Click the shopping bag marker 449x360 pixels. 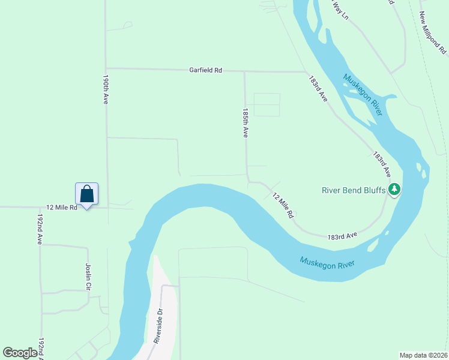(x=86, y=194)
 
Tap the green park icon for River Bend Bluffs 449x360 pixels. (x=394, y=190)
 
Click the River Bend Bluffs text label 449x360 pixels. (x=354, y=190)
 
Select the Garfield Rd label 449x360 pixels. (x=206, y=70)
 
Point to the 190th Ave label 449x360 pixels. (x=106, y=90)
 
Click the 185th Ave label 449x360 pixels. (x=245, y=123)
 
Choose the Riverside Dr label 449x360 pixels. (x=158, y=326)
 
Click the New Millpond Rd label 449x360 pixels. (x=431, y=33)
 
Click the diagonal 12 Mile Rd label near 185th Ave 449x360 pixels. (x=282, y=205)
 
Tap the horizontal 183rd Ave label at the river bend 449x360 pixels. (x=342, y=236)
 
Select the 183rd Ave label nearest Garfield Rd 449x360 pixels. (x=318, y=88)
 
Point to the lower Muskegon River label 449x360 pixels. (x=327, y=263)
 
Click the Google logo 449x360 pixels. (x=20, y=353)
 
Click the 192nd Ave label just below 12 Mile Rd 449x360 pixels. (x=40, y=229)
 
